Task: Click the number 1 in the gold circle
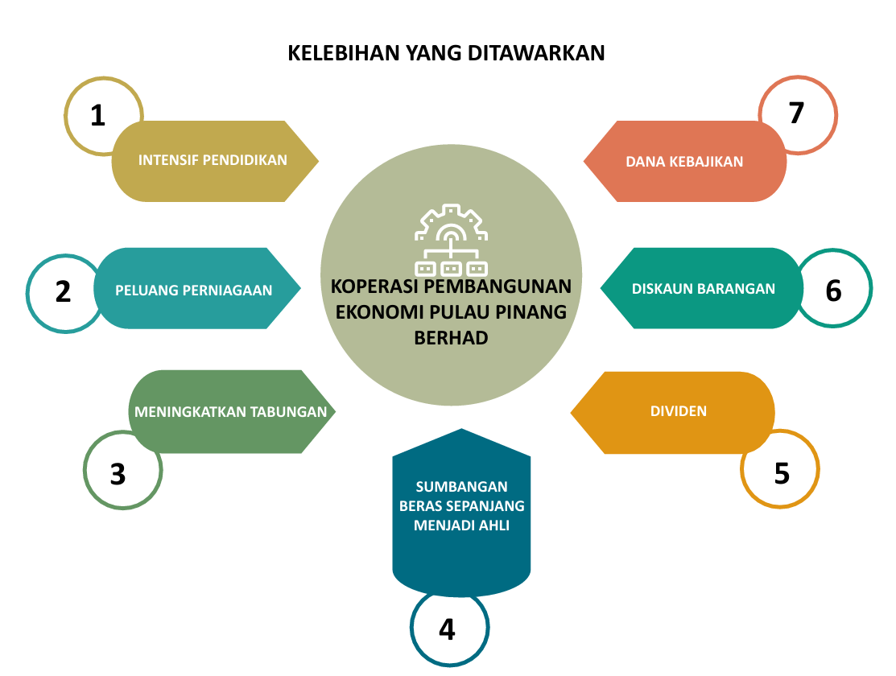(x=98, y=116)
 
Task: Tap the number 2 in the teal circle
(x=64, y=292)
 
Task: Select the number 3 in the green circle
(x=118, y=474)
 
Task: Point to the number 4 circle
(x=448, y=629)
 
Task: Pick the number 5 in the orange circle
(x=782, y=473)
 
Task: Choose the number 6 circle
(x=833, y=291)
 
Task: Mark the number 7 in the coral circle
(x=797, y=113)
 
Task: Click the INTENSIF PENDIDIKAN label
(x=213, y=160)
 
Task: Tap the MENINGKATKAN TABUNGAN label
(x=231, y=412)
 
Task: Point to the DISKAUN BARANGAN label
(x=704, y=289)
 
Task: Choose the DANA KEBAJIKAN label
(x=684, y=162)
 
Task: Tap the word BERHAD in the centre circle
(x=451, y=338)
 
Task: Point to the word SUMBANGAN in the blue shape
(x=462, y=487)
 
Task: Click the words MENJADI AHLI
(x=462, y=526)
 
